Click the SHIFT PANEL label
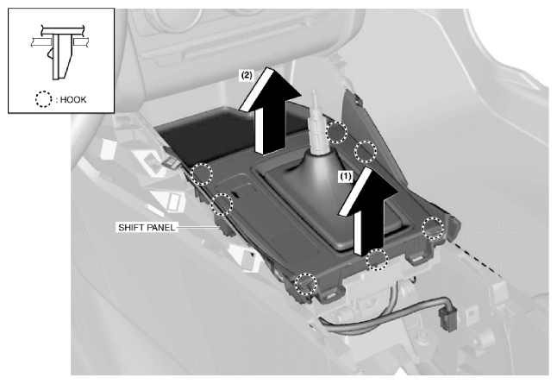tap(147, 227)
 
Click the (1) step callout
tap(345, 176)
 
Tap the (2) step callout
tap(247, 75)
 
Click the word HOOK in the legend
tap(73, 99)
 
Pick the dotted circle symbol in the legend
tap(44, 99)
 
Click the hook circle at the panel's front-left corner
tap(306, 284)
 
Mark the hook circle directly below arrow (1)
tap(377, 259)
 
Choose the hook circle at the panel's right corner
tap(433, 228)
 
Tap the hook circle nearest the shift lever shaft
tap(336, 132)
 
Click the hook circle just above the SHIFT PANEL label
tap(222, 205)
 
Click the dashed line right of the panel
tap(477, 259)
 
